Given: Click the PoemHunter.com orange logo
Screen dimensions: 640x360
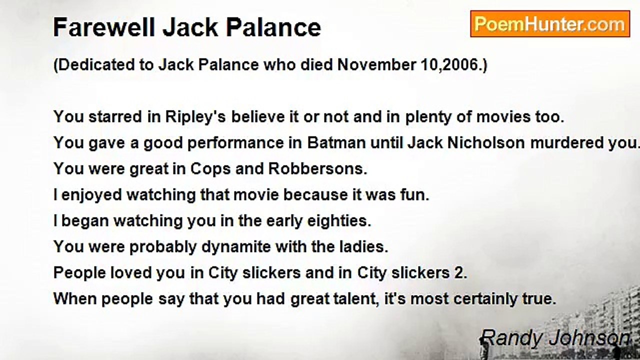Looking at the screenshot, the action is coord(550,24).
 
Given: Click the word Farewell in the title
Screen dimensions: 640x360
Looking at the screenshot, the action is coord(104,27).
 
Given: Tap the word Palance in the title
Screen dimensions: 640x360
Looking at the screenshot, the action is coord(273,27).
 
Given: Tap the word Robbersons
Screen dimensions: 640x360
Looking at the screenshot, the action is coord(317,169).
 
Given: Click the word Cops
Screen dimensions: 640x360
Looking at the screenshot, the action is coord(210,169).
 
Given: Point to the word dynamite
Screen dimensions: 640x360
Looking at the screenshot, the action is coord(236,247).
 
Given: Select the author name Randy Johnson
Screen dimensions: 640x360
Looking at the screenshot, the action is coord(555,339).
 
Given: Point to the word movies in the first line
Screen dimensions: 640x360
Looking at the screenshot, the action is coord(503,117).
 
